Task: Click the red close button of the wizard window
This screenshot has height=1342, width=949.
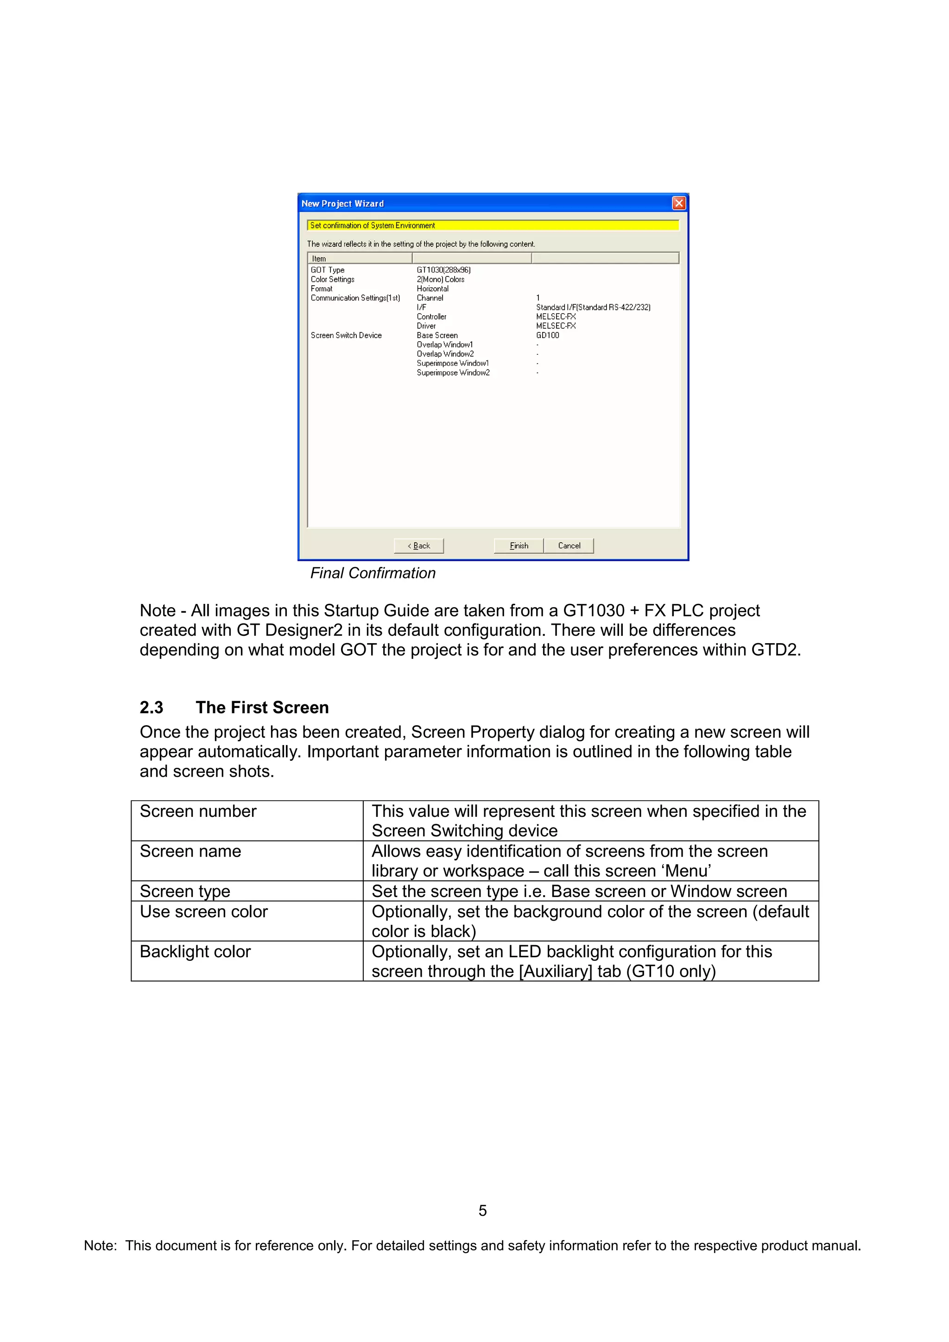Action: point(678,203)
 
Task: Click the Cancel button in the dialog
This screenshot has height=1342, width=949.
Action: point(569,546)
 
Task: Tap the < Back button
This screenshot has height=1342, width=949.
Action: point(418,546)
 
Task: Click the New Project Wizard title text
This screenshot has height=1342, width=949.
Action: point(342,203)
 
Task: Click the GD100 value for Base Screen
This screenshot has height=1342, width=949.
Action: point(547,335)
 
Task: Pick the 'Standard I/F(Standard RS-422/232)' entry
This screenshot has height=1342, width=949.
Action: point(593,307)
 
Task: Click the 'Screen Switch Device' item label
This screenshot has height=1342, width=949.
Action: point(346,335)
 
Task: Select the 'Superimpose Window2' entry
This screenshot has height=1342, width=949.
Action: point(453,373)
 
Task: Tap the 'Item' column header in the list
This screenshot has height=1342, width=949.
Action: point(319,258)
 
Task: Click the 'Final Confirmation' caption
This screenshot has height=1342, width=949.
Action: point(373,573)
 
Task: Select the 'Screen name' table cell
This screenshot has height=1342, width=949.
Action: point(190,851)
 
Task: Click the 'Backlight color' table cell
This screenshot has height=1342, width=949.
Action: point(195,952)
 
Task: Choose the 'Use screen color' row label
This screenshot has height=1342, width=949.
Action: point(203,912)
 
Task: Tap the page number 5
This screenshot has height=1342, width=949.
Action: point(482,1210)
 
